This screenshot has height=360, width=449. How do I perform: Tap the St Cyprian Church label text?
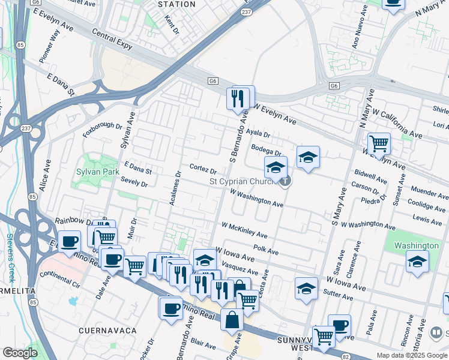[243, 181]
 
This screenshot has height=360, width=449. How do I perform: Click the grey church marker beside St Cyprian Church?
[286, 181]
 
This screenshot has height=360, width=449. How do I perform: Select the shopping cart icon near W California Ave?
[379, 144]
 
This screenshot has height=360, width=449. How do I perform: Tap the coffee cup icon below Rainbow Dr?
[70, 241]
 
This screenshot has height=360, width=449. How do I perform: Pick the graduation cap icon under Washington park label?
[417, 262]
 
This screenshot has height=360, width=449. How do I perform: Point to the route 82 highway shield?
[345, 357]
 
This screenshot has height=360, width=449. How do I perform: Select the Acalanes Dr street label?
[175, 189]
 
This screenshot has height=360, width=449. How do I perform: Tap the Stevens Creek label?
[10, 259]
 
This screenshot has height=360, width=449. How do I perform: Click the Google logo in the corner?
[20, 353]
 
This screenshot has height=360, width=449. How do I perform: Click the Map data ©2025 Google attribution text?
[411, 355]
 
